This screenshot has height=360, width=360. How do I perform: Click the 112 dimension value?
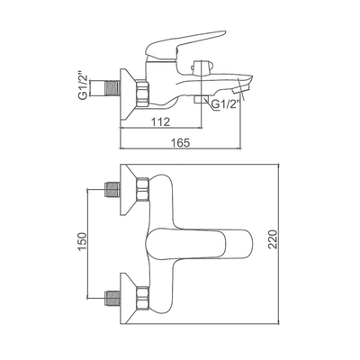pyautogui.click(x=160, y=121)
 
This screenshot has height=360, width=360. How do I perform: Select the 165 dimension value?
pyautogui.click(x=181, y=142)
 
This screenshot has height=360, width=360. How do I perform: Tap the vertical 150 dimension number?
pyautogui.click(x=82, y=241)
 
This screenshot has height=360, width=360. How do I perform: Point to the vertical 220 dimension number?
pyautogui.click(x=272, y=239)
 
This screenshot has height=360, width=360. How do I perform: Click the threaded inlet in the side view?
pyautogui.click(x=113, y=89)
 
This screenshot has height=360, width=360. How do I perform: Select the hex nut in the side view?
pyautogui.click(x=142, y=93)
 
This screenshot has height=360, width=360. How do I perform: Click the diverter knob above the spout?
pyautogui.click(x=202, y=67)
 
